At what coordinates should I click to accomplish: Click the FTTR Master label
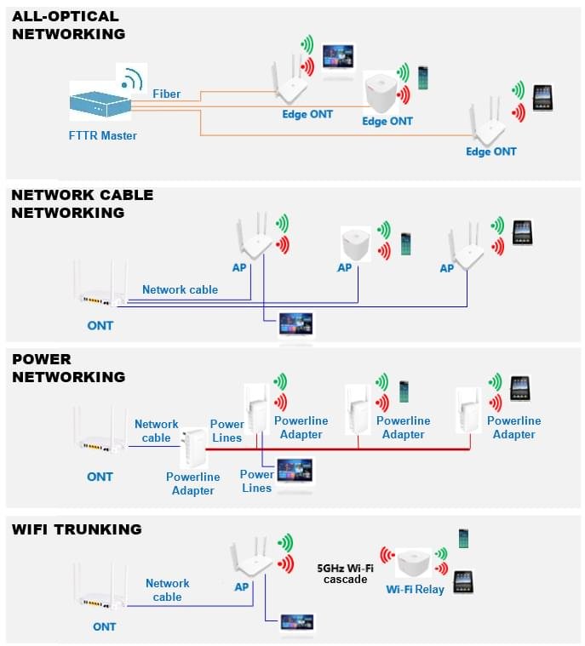coord(103,135)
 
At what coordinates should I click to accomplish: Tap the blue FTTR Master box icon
coord(100,105)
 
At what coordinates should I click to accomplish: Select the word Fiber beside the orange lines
coord(167,94)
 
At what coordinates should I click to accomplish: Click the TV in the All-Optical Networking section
coord(338,58)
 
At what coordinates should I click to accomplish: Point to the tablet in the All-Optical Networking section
coord(542,98)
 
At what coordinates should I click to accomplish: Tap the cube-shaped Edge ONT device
coord(380,93)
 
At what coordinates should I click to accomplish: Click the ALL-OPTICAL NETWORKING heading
coord(68,26)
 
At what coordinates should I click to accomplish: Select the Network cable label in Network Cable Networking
coord(181,289)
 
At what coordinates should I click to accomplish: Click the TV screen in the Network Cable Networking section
coord(295,323)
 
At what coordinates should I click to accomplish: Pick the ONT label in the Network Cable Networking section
coord(100,326)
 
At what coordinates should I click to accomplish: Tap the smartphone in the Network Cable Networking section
coord(405,244)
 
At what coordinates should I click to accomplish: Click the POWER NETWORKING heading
coord(68,368)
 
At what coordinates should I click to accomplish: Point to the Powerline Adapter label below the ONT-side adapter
coord(192,483)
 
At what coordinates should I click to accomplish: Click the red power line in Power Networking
coord(338,449)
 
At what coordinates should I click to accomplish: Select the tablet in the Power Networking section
coord(520,388)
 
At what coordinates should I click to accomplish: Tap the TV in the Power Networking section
coord(295,471)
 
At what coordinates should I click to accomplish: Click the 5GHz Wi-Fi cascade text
coord(345,574)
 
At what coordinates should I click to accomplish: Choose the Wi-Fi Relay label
coord(415,590)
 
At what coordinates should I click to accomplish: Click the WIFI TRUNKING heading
coord(77,529)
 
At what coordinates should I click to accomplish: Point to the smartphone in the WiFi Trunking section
coord(463,539)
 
